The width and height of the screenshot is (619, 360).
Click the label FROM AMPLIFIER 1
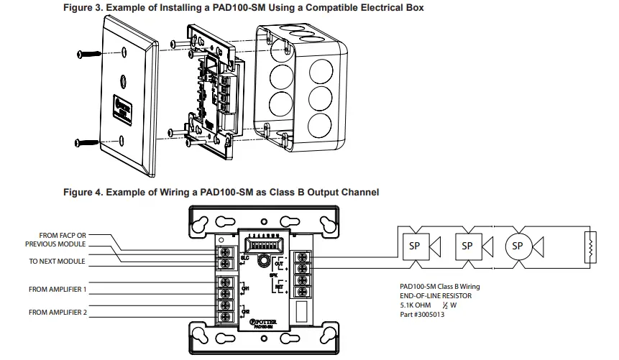58,289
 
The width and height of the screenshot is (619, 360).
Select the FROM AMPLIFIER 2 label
58,313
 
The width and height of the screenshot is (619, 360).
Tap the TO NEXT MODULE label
57,261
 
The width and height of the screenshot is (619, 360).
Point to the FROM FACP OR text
63,235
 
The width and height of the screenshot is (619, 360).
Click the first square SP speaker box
414,246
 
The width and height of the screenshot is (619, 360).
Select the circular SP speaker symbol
517,246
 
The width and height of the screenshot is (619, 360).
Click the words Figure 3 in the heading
86,8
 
